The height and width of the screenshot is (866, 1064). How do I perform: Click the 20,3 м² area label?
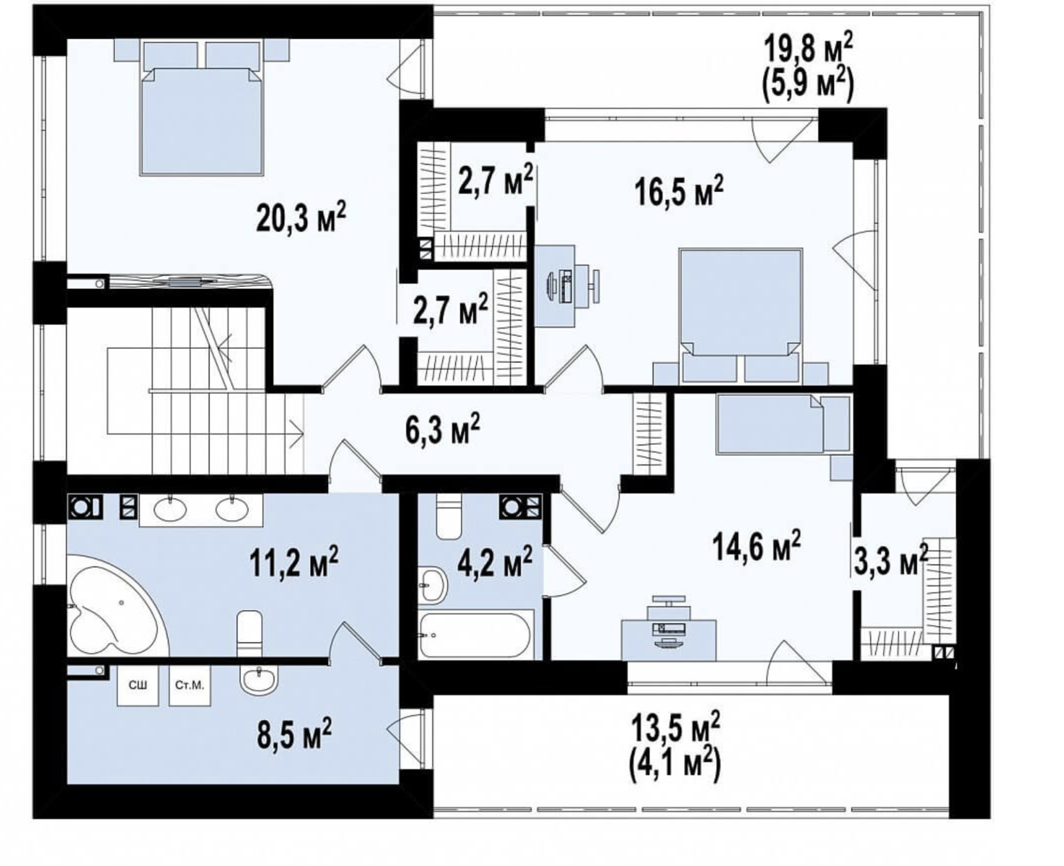click(x=301, y=219)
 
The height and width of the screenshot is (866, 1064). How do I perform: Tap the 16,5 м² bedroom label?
click(x=679, y=191)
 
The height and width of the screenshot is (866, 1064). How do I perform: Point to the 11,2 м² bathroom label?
click(x=294, y=561)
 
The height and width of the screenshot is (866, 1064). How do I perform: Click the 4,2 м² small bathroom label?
click(x=494, y=563)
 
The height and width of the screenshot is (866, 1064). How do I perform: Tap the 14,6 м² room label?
click(x=757, y=546)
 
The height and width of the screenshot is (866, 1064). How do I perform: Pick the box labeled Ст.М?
click(x=189, y=685)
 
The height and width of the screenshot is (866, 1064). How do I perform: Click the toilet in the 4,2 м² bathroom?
click(x=450, y=515)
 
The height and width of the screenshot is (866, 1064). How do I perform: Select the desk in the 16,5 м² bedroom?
click(x=555, y=286)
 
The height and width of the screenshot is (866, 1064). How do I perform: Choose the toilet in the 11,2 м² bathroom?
click(x=249, y=634)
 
